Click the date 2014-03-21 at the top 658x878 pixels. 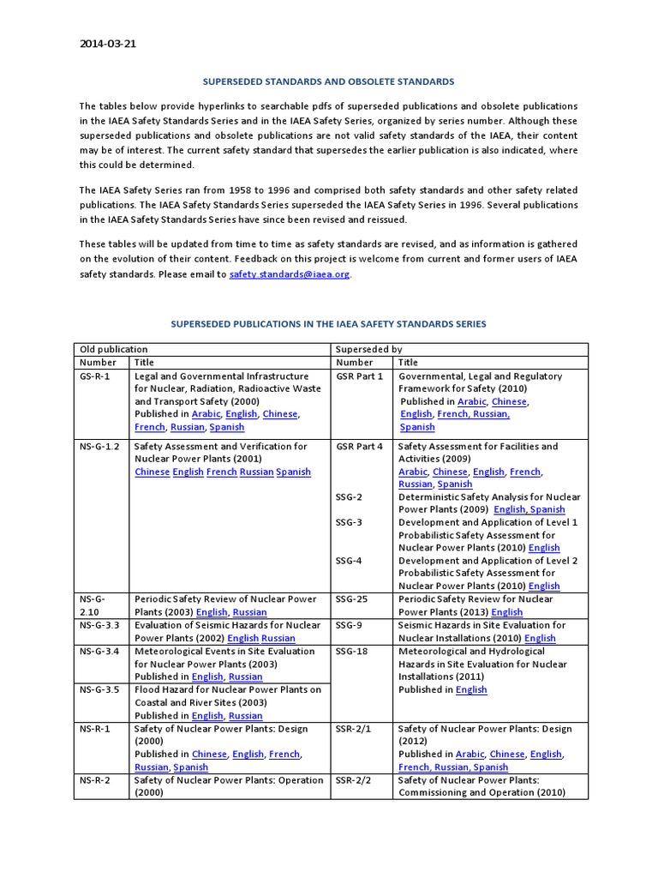pyautogui.click(x=107, y=45)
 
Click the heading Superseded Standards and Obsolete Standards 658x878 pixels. pyautogui.click(x=328, y=81)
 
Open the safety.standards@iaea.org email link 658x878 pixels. pyautogui.click(x=290, y=274)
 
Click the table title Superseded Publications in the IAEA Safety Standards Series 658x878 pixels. pyautogui.click(x=328, y=324)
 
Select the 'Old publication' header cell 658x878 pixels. pyautogui.click(x=113, y=349)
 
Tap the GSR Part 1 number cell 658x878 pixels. pyautogui.click(x=360, y=376)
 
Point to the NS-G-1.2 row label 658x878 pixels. pyautogui.click(x=100, y=446)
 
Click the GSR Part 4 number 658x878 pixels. pyautogui.click(x=360, y=446)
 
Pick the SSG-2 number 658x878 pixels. pyautogui.click(x=350, y=496)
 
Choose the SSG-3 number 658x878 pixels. pyautogui.click(x=350, y=522)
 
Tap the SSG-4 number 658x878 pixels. pyautogui.click(x=350, y=561)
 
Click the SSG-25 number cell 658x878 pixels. pyautogui.click(x=352, y=599)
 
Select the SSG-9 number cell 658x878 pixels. pyautogui.click(x=350, y=625)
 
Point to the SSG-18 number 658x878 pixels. pyautogui.click(x=352, y=651)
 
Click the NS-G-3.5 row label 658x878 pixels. pyautogui.click(x=100, y=689)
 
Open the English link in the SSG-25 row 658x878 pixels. pyautogui.click(x=506, y=612)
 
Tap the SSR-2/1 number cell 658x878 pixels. pyautogui.click(x=355, y=728)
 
